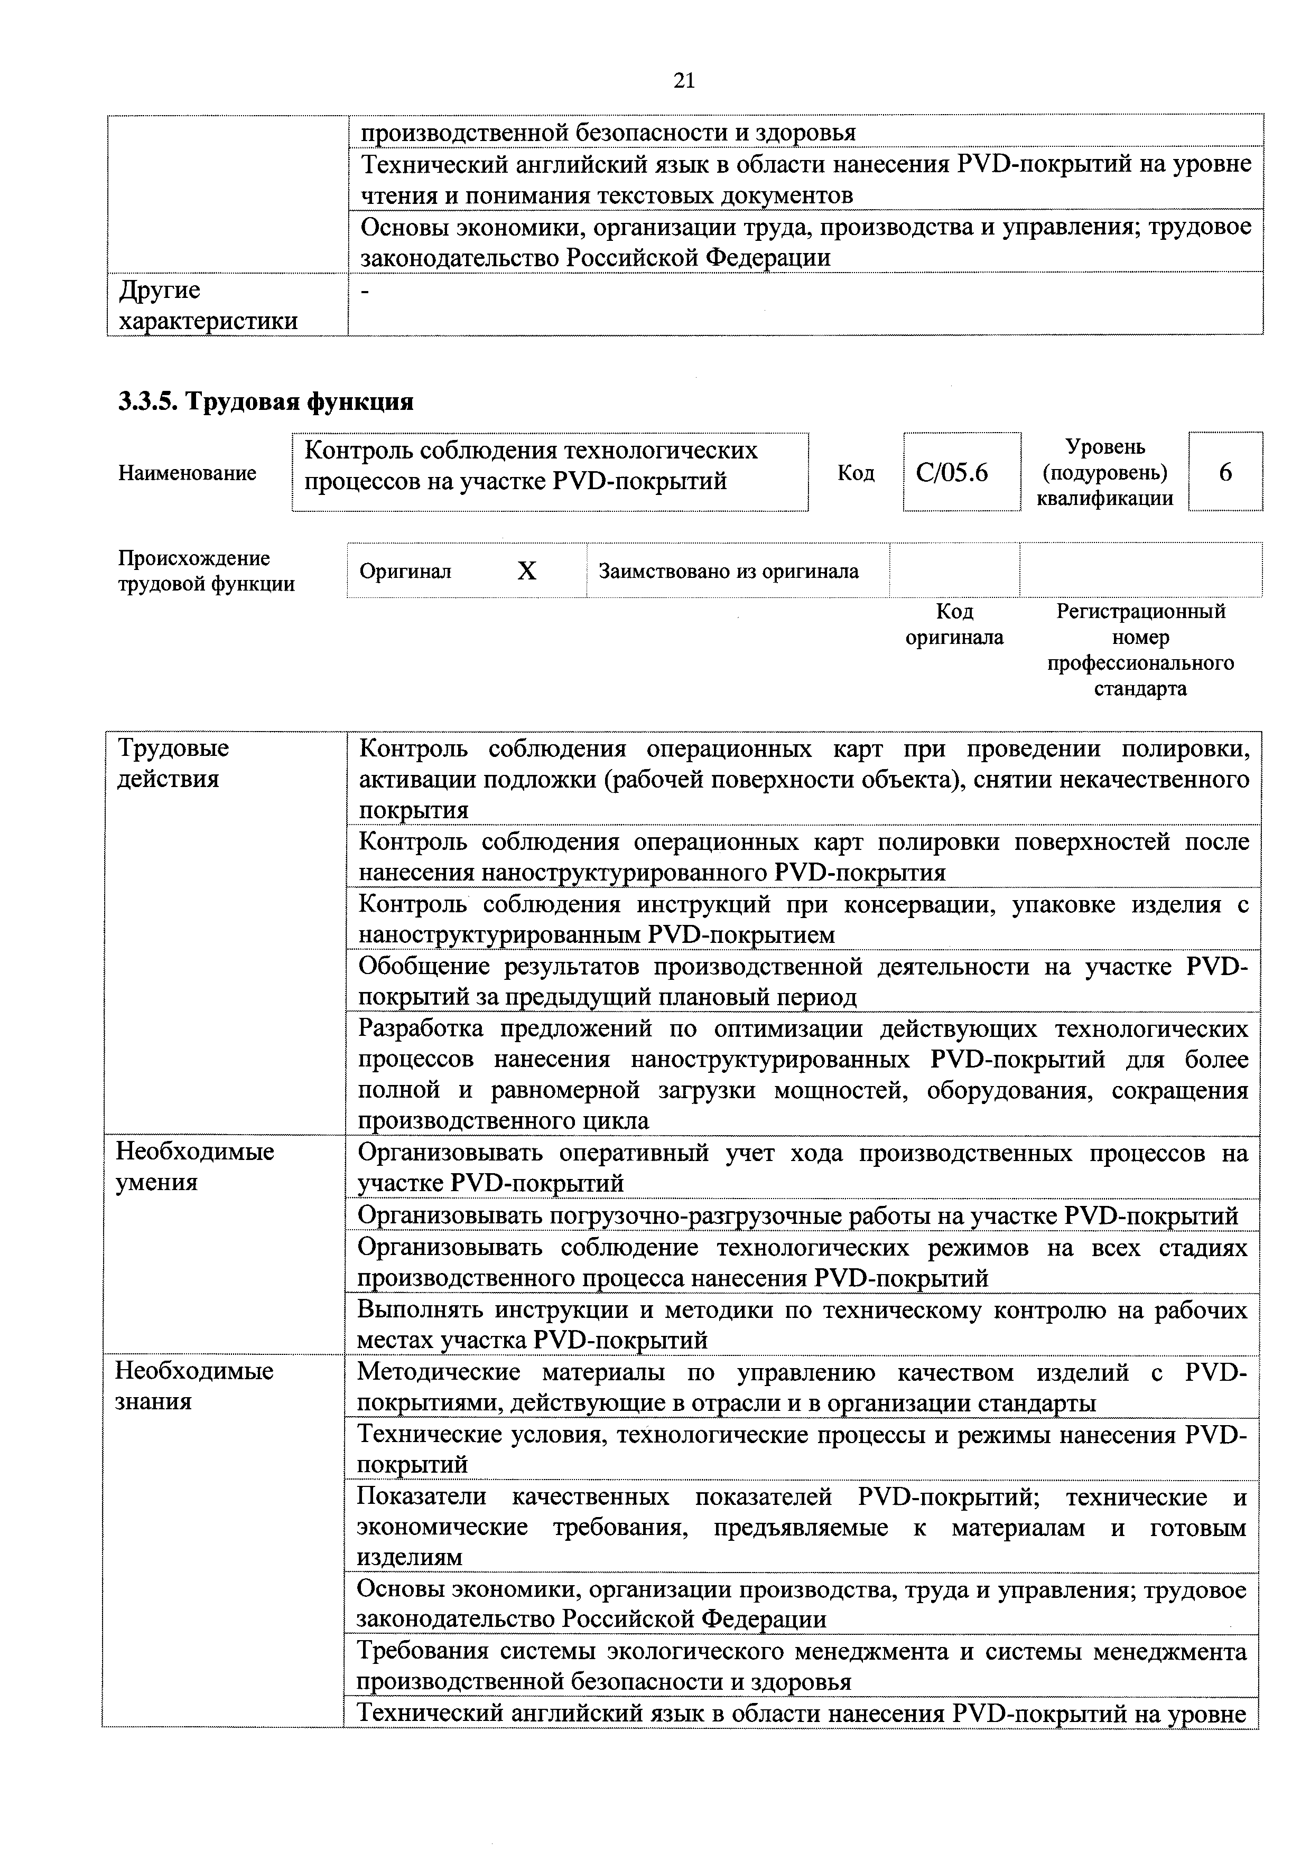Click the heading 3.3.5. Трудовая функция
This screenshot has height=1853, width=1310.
(x=266, y=401)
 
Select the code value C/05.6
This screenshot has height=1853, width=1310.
(x=952, y=472)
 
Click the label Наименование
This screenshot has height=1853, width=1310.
(x=187, y=473)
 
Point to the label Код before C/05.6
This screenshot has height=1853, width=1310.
(x=856, y=473)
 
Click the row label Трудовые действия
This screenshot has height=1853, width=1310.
(x=173, y=763)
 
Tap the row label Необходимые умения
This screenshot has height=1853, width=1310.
(x=194, y=1166)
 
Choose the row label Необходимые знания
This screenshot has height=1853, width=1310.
(x=194, y=1386)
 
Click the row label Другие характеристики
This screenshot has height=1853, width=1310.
(x=208, y=305)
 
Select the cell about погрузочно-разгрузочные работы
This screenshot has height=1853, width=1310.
(x=797, y=1215)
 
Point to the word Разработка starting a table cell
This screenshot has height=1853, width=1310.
(x=421, y=1029)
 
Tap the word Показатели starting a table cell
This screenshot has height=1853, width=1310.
(x=421, y=1497)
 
